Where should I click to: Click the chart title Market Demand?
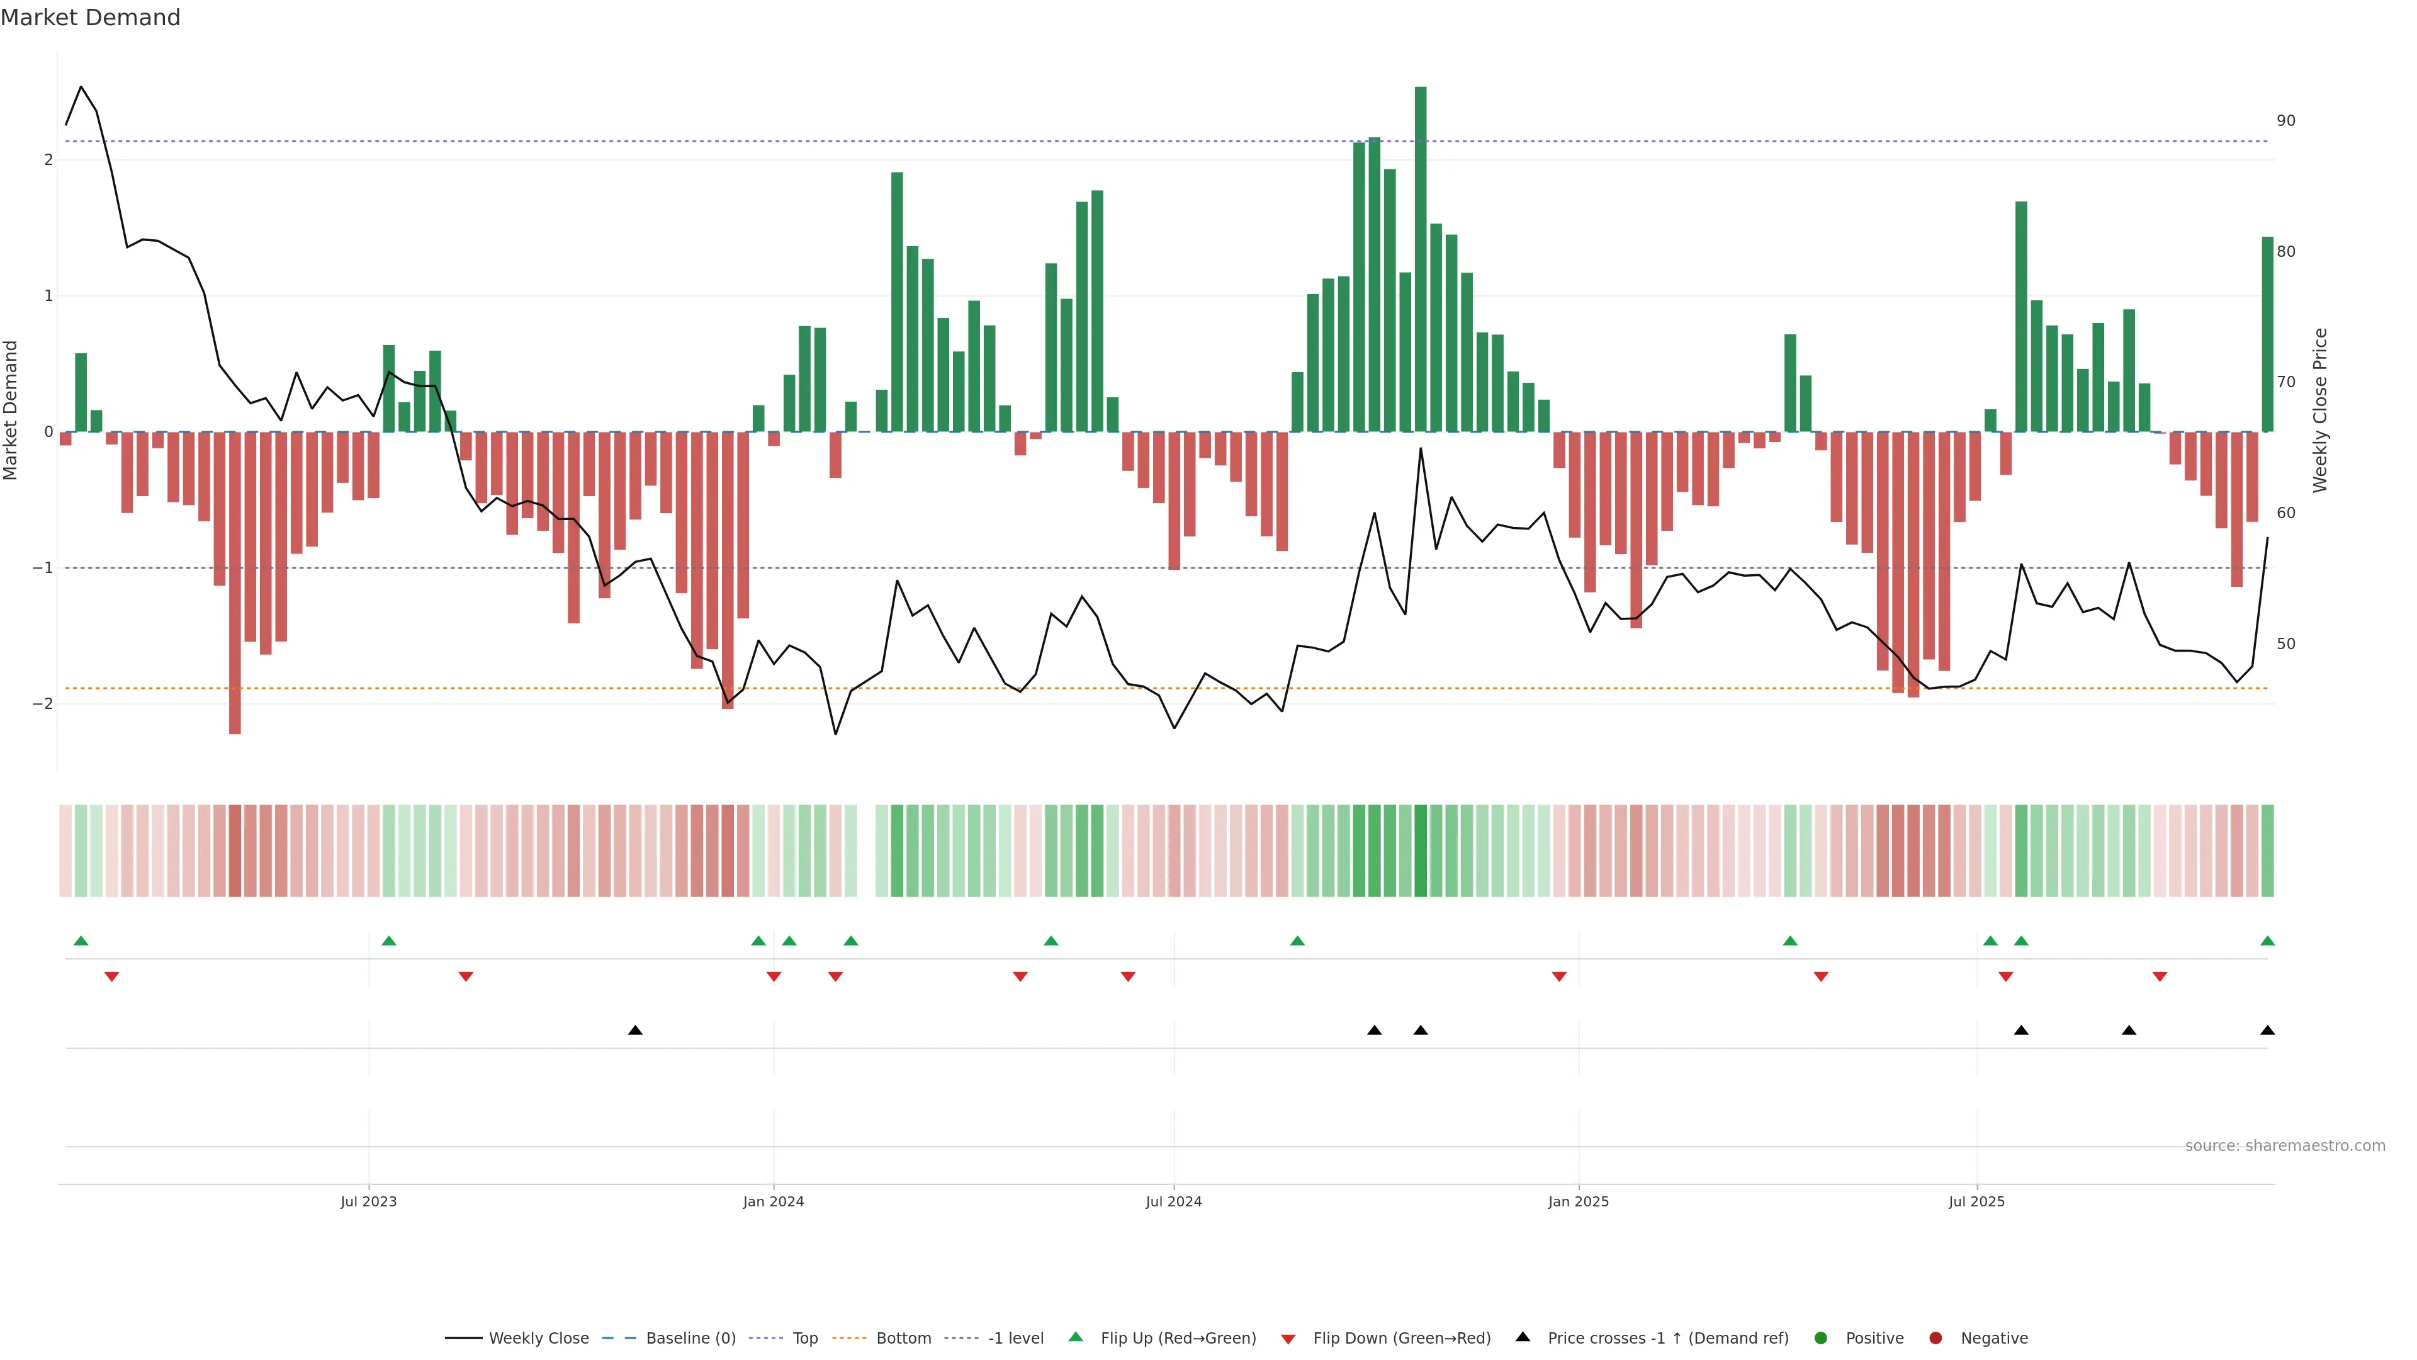tap(90, 18)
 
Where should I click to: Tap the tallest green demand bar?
tap(1421, 258)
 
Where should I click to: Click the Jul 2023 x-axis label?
tap(369, 1201)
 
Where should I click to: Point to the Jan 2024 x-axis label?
tap(773, 1201)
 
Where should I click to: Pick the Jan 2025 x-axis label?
tap(1578, 1201)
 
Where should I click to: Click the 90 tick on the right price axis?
tap(2285, 121)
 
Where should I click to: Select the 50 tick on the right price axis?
tap(2285, 644)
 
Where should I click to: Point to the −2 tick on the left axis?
tap(42, 704)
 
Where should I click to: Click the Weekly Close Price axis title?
tap(2320, 410)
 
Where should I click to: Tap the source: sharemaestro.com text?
tap(2285, 1146)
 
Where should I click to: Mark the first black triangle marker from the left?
tap(635, 1031)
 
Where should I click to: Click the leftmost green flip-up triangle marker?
tap(81, 941)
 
